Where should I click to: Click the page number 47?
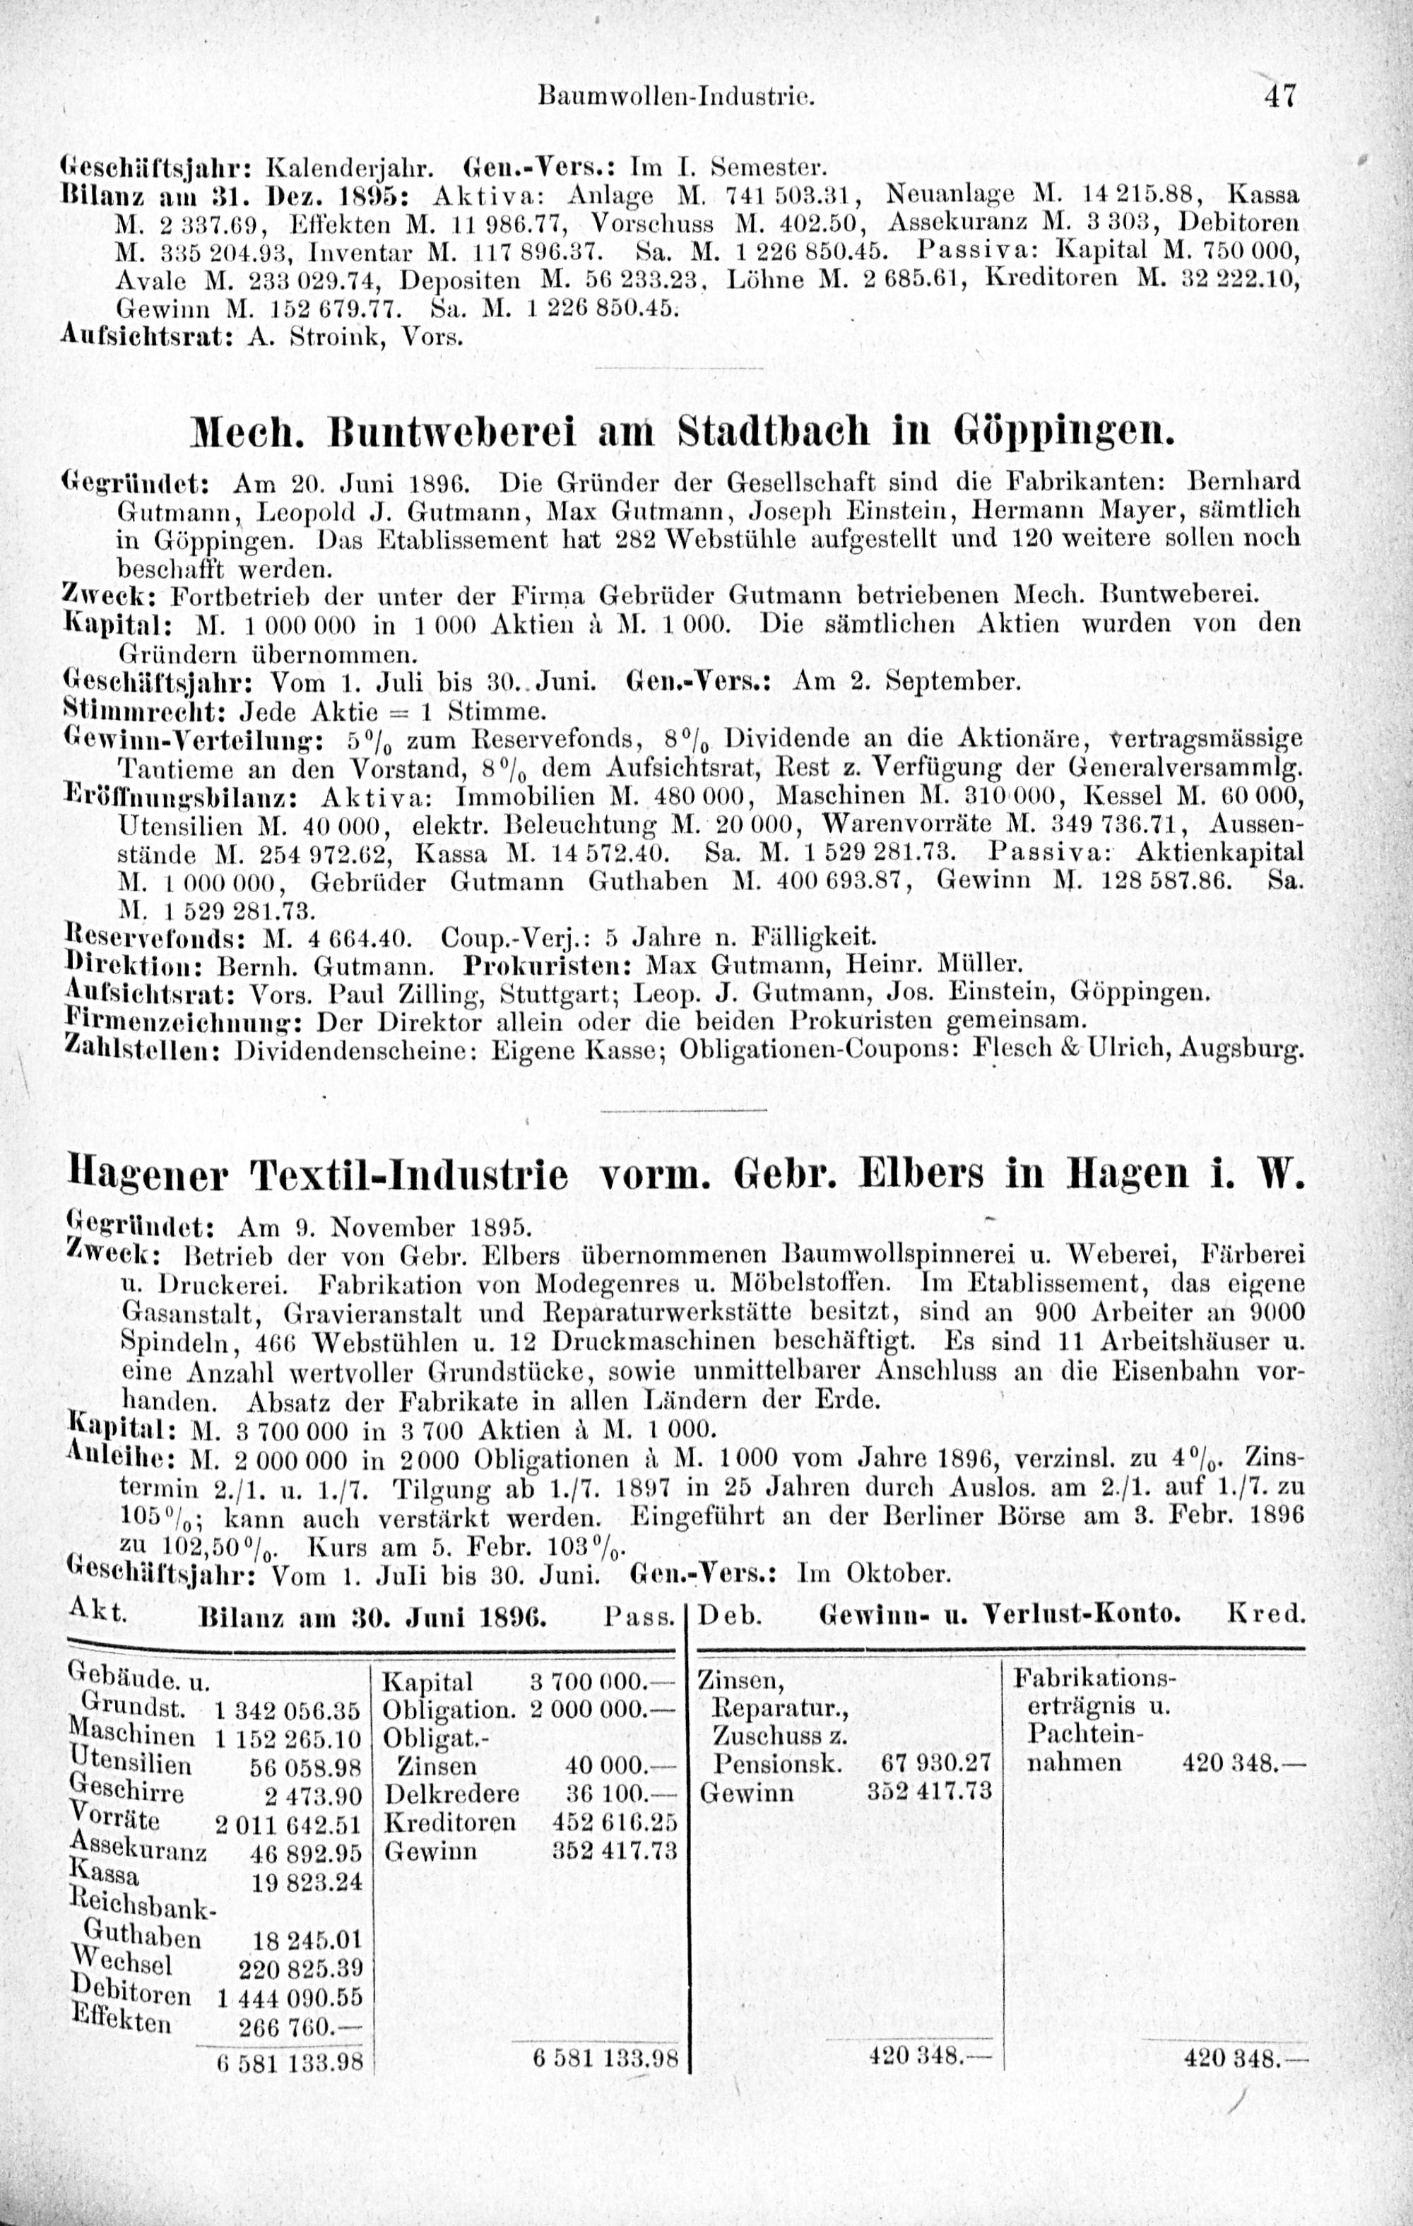(1282, 95)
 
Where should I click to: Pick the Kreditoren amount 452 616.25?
(615, 1821)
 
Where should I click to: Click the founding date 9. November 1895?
(385, 1228)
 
